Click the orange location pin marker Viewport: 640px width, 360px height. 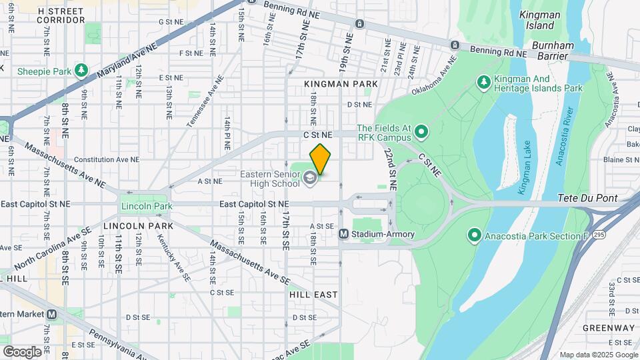(x=320, y=159)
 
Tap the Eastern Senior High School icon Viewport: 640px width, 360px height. (x=309, y=178)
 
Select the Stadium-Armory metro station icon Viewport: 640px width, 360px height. (x=344, y=234)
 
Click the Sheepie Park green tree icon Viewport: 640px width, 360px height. (x=81, y=70)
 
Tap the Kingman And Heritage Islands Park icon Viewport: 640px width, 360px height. (x=483, y=82)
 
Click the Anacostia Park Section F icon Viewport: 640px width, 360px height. (x=474, y=235)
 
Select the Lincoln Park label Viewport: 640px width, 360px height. (x=141, y=206)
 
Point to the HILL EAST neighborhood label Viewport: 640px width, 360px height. (x=313, y=294)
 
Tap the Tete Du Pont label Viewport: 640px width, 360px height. (x=589, y=198)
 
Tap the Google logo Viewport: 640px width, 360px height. (x=22, y=351)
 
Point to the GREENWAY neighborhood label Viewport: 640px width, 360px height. (x=608, y=328)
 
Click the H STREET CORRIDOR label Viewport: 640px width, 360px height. (x=61, y=16)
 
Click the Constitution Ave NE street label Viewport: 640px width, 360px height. (x=107, y=160)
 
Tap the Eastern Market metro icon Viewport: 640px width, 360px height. (x=51, y=314)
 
